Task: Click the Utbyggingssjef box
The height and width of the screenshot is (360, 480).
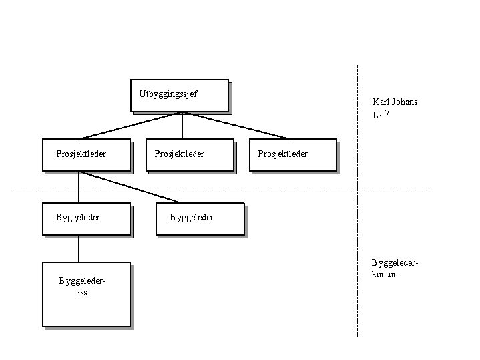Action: (179, 95)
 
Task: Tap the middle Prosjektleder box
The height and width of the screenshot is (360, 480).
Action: (190, 154)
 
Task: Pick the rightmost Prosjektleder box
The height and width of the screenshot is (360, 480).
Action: (292, 154)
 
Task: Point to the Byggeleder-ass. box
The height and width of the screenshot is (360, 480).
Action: (85, 294)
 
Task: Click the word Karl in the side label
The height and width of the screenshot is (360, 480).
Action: (381, 102)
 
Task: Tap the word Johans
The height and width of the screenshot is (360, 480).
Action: (405, 102)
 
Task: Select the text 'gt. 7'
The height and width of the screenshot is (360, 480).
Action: (382, 114)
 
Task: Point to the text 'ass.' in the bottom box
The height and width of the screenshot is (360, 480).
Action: (83, 292)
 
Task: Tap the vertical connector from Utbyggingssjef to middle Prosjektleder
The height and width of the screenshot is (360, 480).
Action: (182, 125)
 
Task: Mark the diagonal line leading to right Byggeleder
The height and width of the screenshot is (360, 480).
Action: (130, 187)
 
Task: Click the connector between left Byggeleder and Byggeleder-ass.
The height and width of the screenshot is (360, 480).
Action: (79, 248)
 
